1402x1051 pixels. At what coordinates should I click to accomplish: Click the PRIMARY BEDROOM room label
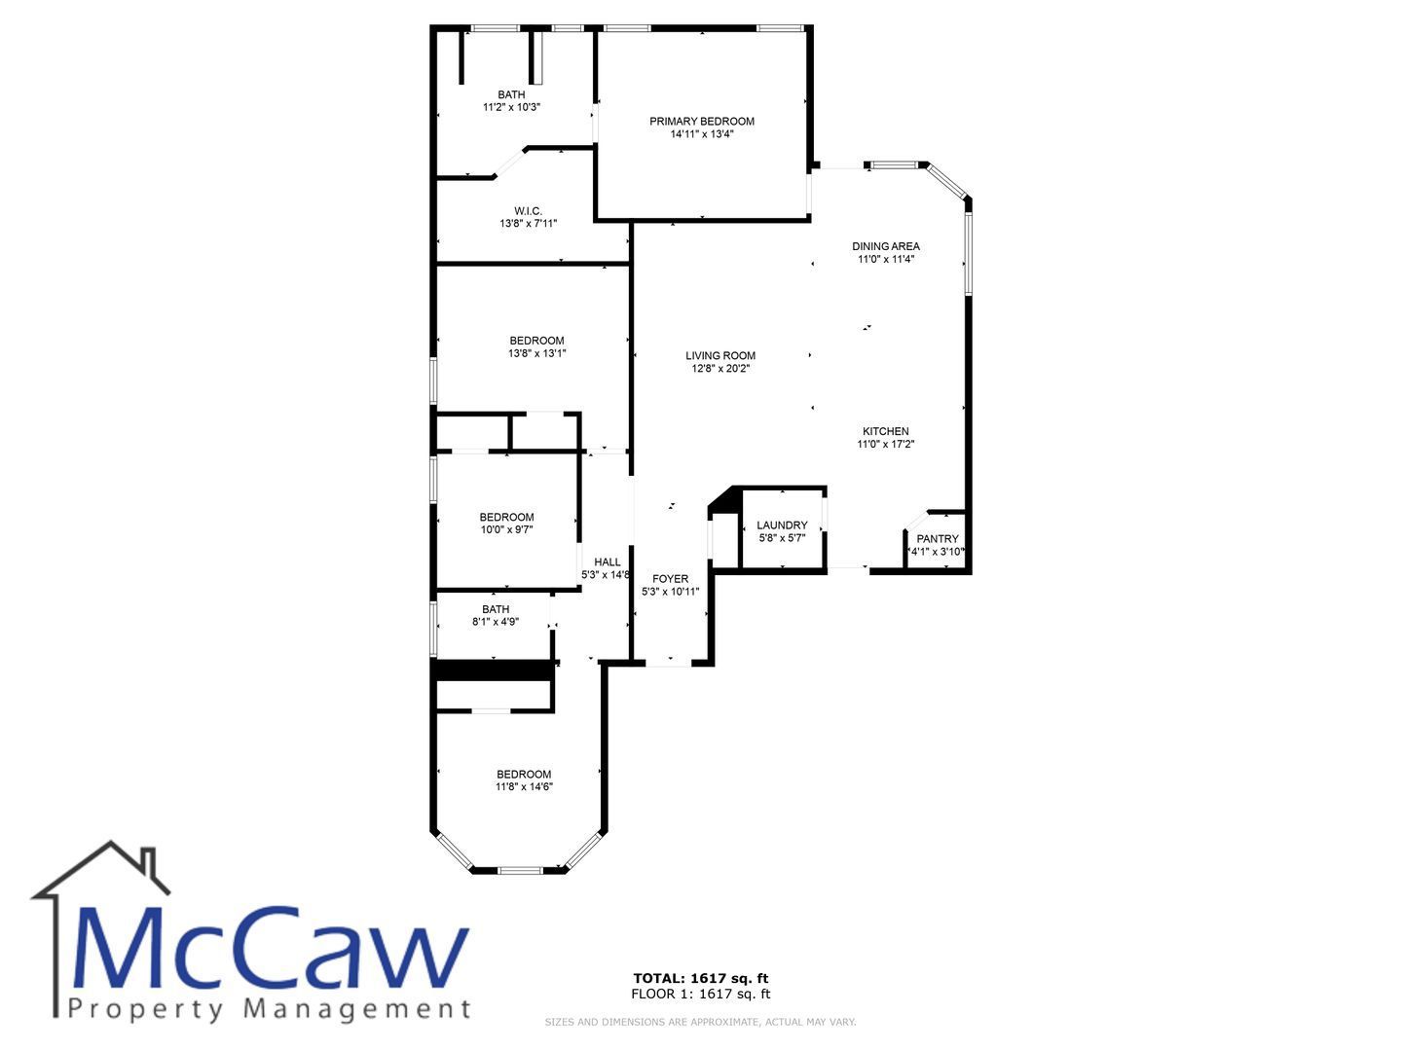coord(701,122)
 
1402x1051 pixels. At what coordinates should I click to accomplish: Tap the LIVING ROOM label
coord(719,355)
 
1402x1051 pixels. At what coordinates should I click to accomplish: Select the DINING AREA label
coord(885,246)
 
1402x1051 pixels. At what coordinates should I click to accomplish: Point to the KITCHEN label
coord(885,431)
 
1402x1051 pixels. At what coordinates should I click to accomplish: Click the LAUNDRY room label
coord(782,525)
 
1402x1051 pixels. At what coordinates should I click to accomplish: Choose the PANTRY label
coord(937,539)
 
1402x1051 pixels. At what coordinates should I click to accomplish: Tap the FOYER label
coord(670,579)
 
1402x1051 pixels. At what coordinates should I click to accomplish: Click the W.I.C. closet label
coord(528,211)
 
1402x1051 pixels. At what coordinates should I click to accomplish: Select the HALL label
coord(607,562)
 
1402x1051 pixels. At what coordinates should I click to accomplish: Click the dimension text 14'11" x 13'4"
coord(701,134)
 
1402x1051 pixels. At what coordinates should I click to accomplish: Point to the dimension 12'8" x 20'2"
coord(719,368)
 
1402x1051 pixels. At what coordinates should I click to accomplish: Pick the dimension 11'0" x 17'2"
coord(885,444)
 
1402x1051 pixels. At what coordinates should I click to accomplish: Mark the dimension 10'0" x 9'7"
coord(506,529)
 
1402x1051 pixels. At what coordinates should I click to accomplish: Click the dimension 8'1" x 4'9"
coord(495,622)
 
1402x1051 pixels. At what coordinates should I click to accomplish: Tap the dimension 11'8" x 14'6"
coord(524,787)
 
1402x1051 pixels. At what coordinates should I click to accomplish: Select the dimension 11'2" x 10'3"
coord(511,107)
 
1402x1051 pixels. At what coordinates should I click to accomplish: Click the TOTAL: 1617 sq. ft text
coord(700,978)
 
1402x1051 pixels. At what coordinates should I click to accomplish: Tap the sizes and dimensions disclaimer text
coord(700,1022)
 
